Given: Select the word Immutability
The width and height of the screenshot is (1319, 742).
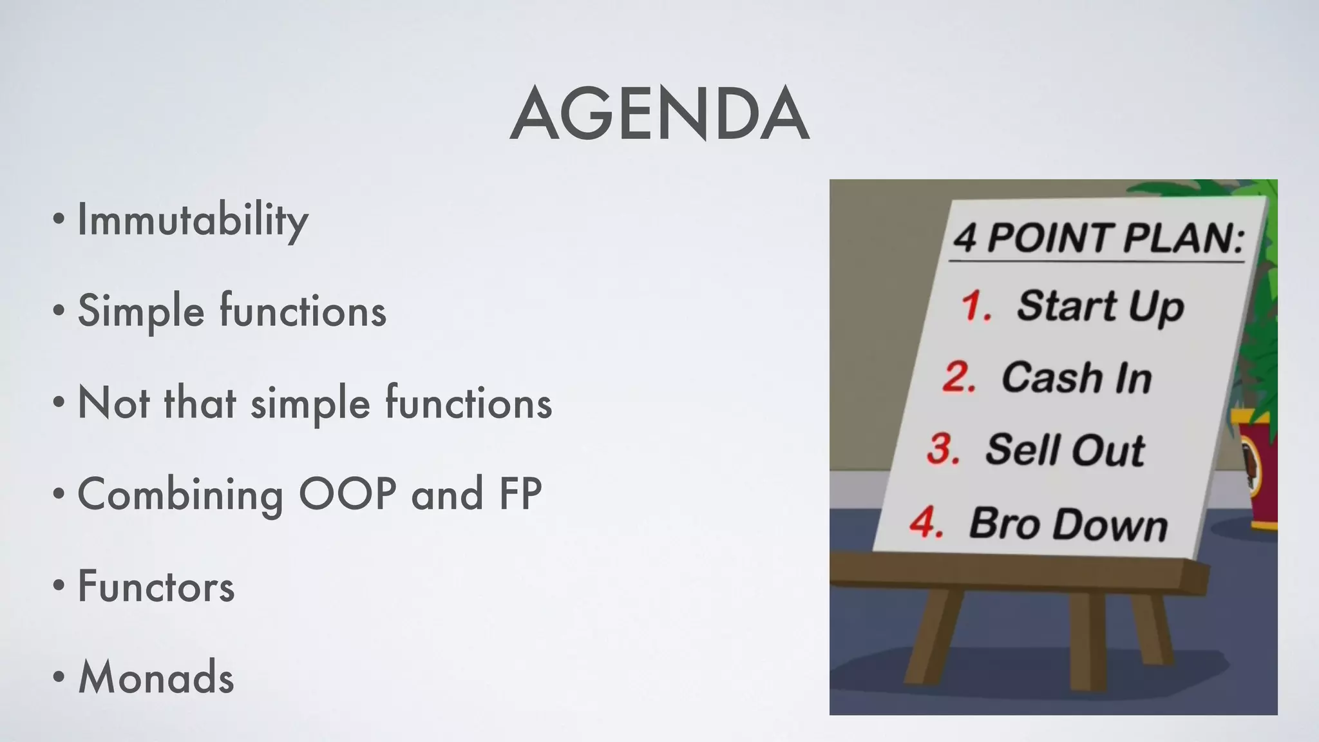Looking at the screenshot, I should coord(193,220).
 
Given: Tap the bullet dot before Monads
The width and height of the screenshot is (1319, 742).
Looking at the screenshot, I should coord(59,678).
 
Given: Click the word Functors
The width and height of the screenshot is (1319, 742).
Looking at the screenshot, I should coord(156,587).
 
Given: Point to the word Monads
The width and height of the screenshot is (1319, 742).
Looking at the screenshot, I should coord(156,678).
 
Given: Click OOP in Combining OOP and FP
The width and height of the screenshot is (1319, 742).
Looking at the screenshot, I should coord(347,495).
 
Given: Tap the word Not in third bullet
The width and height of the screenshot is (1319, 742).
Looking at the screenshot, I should coord(113,403).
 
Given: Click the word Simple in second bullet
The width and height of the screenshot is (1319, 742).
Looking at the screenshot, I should coord(140,312).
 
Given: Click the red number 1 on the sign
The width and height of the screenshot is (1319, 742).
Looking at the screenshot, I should coord(974,305).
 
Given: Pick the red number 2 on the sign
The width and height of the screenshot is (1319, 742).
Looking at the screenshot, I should coord(958,377).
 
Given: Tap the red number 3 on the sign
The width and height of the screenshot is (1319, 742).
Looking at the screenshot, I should coord(943,448).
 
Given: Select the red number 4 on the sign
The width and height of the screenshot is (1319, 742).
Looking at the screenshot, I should coord(926,522).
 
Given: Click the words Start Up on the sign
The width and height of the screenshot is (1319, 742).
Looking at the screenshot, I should coord(1100,307).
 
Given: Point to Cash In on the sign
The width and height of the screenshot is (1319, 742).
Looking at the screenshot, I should coord(1076,378).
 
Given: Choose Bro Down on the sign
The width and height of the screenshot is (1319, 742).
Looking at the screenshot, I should coord(1068,524).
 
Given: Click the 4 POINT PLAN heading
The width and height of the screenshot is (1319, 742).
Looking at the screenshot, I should coord(1098,238).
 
